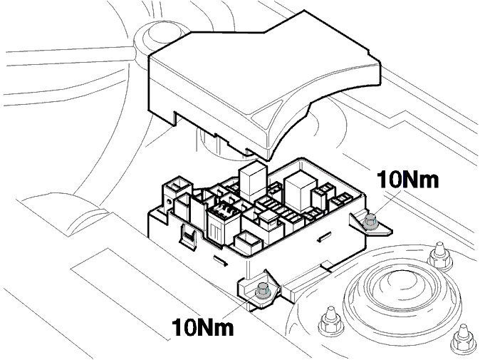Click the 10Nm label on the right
click(407, 179)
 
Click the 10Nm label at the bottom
click(202, 327)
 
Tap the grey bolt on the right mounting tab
click(370, 222)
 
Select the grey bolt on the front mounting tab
click(262, 290)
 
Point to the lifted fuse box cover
click(264, 83)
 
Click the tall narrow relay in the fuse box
click(252, 181)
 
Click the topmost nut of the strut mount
click(439, 256)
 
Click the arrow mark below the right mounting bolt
click(325, 237)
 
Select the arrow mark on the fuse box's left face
click(220, 259)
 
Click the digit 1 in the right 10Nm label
click(382, 179)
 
